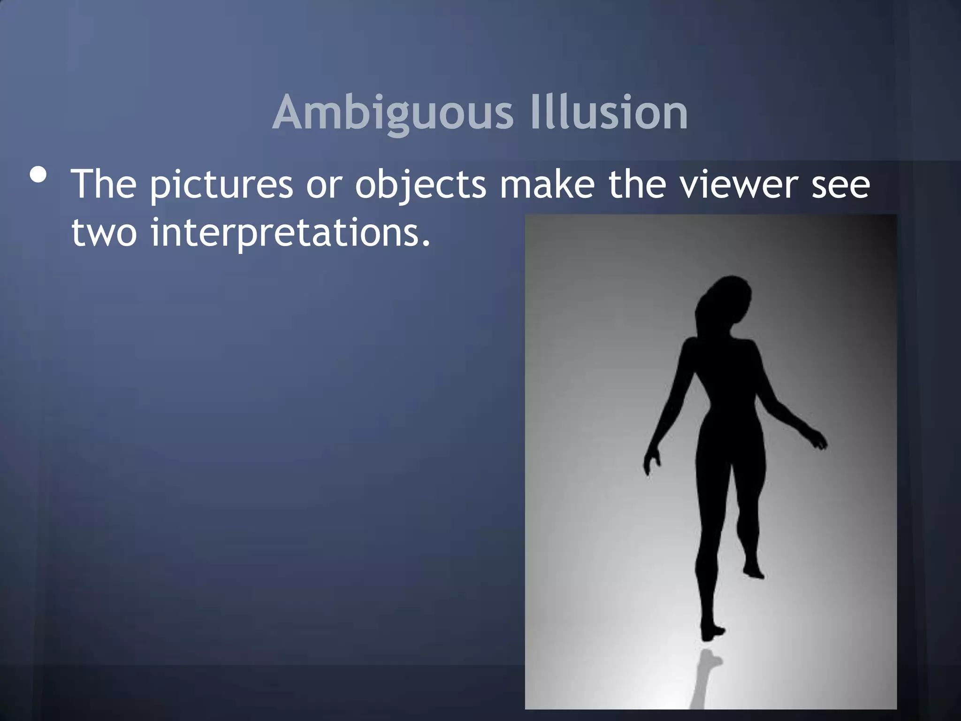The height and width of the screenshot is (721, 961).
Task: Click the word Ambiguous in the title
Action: (393, 114)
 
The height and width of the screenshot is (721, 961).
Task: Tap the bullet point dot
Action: (38, 176)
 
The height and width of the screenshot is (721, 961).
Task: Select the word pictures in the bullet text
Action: (221, 184)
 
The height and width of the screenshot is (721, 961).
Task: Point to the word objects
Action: (420, 184)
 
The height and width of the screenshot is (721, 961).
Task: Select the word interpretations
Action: (290, 234)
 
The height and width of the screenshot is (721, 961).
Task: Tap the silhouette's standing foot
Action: (711, 631)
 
